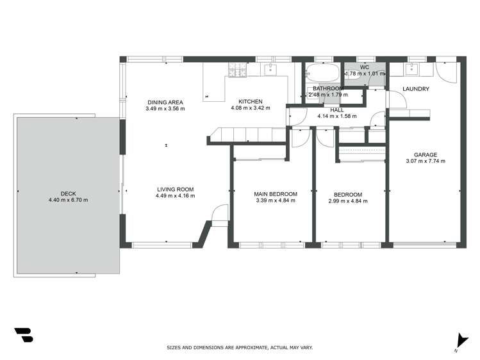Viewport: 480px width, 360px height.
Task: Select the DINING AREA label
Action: tap(165, 102)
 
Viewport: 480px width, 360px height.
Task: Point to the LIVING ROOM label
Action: tap(175, 189)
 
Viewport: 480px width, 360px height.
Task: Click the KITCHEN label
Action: tap(251, 102)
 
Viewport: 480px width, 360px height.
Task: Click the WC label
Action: tap(365, 67)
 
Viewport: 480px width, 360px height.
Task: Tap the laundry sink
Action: tap(412, 70)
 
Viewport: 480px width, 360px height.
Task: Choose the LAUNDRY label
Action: tap(416, 89)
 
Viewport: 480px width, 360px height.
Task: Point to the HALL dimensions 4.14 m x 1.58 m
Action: tap(337, 117)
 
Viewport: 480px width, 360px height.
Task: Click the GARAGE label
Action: tap(426, 154)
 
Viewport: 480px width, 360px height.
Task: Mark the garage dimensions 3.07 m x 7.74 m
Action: tap(426, 161)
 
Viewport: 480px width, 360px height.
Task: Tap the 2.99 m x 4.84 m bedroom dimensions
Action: tap(348, 201)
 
